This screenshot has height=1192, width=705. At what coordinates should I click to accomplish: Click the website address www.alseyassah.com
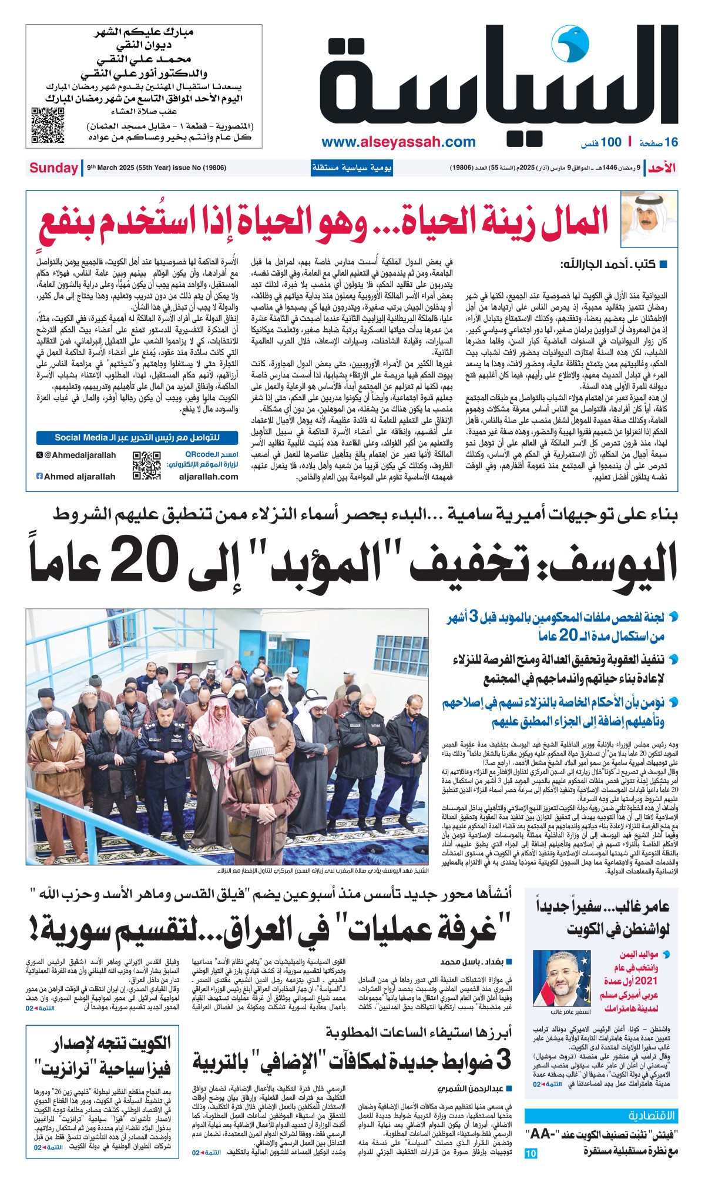(398, 142)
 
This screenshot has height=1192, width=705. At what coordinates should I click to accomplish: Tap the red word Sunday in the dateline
(53, 168)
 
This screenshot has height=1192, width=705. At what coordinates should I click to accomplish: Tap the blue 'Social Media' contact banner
(137, 437)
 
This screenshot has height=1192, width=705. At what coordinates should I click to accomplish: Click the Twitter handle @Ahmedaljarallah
(76, 455)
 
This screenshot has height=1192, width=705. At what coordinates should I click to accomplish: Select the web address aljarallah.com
(209, 477)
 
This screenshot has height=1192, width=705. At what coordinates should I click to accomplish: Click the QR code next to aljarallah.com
(146, 466)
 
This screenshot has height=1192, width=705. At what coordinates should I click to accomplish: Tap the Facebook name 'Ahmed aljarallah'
(76, 477)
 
